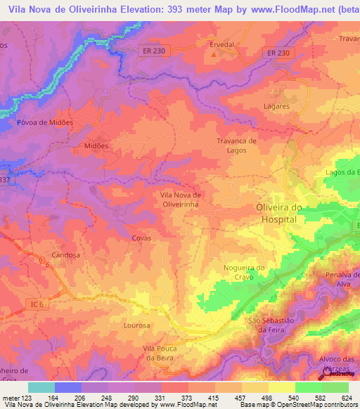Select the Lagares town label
pyautogui.click(x=276, y=106)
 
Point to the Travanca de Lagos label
pyautogui.click(x=236, y=145)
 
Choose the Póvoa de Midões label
pyautogui.click(x=45, y=122)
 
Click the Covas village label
pyautogui.click(x=141, y=238)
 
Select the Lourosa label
pyautogui.click(x=136, y=325)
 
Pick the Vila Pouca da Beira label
pyautogui.click(x=163, y=353)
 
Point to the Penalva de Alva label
pyautogui.click(x=337, y=279)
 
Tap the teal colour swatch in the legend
pyautogui.click(x=41, y=387)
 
